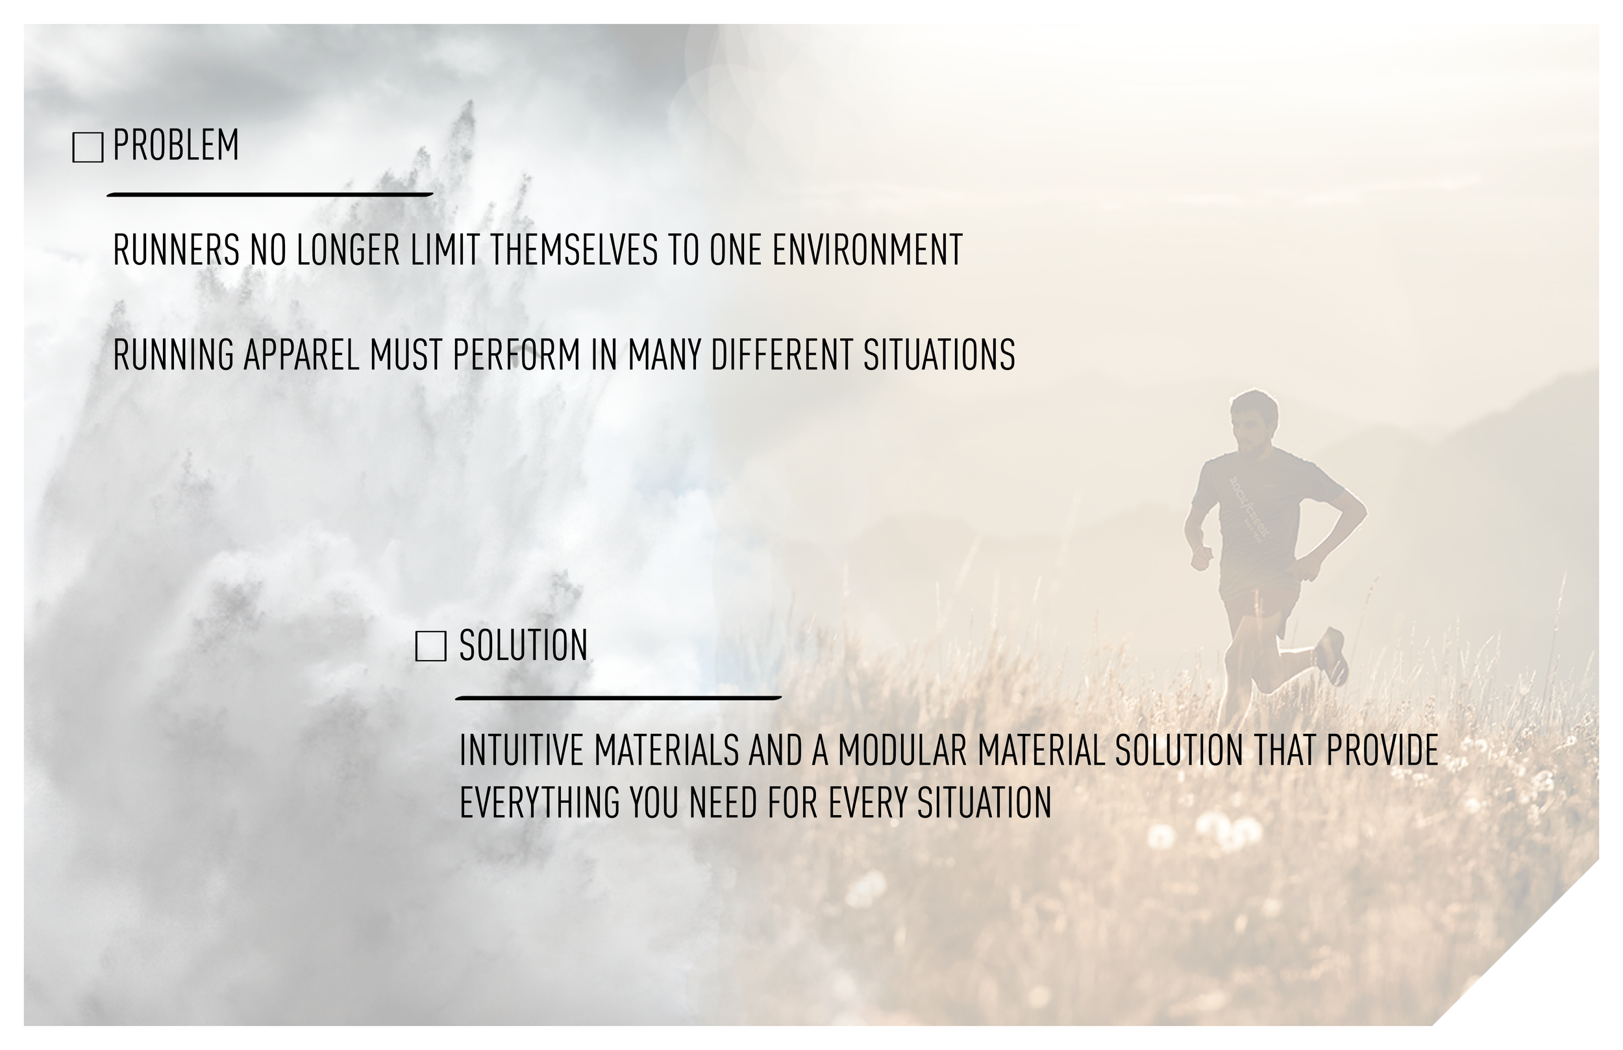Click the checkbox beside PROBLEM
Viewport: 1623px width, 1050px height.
tap(87, 147)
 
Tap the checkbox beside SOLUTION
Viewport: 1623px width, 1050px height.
tap(431, 646)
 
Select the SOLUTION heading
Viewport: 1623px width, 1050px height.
tap(523, 645)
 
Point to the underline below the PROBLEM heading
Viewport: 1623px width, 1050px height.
tap(269, 195)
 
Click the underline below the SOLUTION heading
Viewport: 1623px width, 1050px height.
tap(618, 698)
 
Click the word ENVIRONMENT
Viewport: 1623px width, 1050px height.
tap(867, 250)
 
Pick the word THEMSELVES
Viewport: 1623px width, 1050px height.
tap(574, 250)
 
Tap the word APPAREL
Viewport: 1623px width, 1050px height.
tap(301, 355)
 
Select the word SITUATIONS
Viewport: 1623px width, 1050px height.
tap(939, 355)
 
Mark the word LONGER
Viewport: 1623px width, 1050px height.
tap(348, 250)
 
